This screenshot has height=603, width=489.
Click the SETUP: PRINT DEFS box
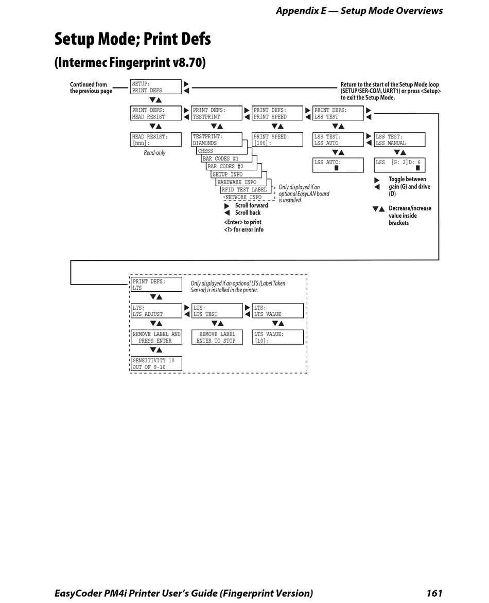click(156, 87)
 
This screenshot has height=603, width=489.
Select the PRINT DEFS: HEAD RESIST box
click(156, 113)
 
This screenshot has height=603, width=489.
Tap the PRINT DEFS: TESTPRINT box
click(216, 113)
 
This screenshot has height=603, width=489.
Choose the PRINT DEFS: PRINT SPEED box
click(277, 113)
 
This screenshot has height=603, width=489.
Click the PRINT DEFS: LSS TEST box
click(338, 113)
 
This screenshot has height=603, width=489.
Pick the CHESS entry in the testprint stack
click(206, 151)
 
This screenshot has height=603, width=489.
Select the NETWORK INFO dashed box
click(243, 197)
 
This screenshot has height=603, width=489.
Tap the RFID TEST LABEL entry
click(244, 190)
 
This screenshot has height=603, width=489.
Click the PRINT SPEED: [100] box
click(277, 140)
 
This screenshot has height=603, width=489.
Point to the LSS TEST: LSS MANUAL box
click(399, 140)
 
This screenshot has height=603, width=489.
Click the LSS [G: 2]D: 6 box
click(399, 165)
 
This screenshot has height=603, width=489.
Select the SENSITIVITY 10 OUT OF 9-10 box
click(156, 364)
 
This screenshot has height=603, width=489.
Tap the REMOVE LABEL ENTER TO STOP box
click(216, 338)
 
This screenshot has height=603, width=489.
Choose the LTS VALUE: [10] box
click(277, 338)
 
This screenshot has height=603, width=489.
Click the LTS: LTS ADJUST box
click(156, 311)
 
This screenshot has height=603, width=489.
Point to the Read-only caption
click(154, 153)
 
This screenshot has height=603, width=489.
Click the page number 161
click(434, 593)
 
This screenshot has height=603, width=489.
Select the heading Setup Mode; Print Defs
click(133, 39)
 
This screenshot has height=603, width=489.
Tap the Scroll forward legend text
click(251, 205)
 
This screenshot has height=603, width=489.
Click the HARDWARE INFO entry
click(237, 182)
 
